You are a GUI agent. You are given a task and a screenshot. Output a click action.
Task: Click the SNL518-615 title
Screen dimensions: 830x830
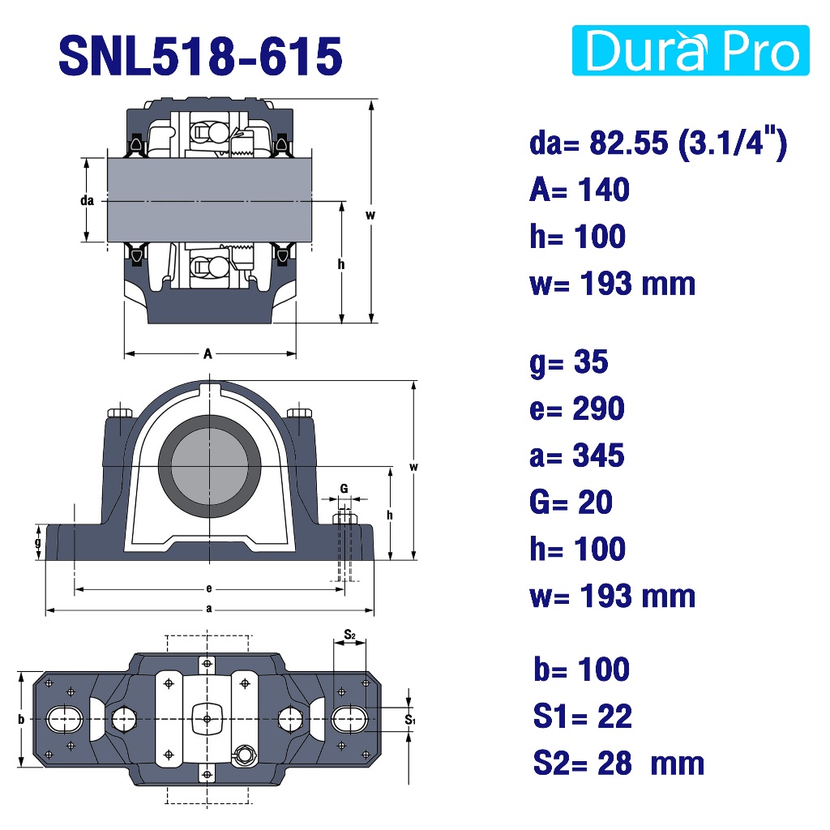coord(201,56)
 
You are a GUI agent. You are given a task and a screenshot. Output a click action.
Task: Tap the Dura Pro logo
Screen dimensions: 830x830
coord(691,50)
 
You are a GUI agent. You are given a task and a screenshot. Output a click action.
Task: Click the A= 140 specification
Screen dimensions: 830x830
coord(579,190)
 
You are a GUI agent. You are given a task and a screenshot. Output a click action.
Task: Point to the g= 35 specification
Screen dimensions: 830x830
coord(568,363)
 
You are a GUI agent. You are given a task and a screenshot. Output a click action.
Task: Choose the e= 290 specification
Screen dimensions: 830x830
coord(577,409)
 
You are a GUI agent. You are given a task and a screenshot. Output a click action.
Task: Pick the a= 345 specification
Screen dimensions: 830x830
coord(577,456)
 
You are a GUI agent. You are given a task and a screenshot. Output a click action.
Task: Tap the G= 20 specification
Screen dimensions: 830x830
coord(571,502)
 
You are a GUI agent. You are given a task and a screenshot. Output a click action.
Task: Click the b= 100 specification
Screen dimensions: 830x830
coord(581,669)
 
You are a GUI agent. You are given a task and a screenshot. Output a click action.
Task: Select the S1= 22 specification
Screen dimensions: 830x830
coord(582,717)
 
